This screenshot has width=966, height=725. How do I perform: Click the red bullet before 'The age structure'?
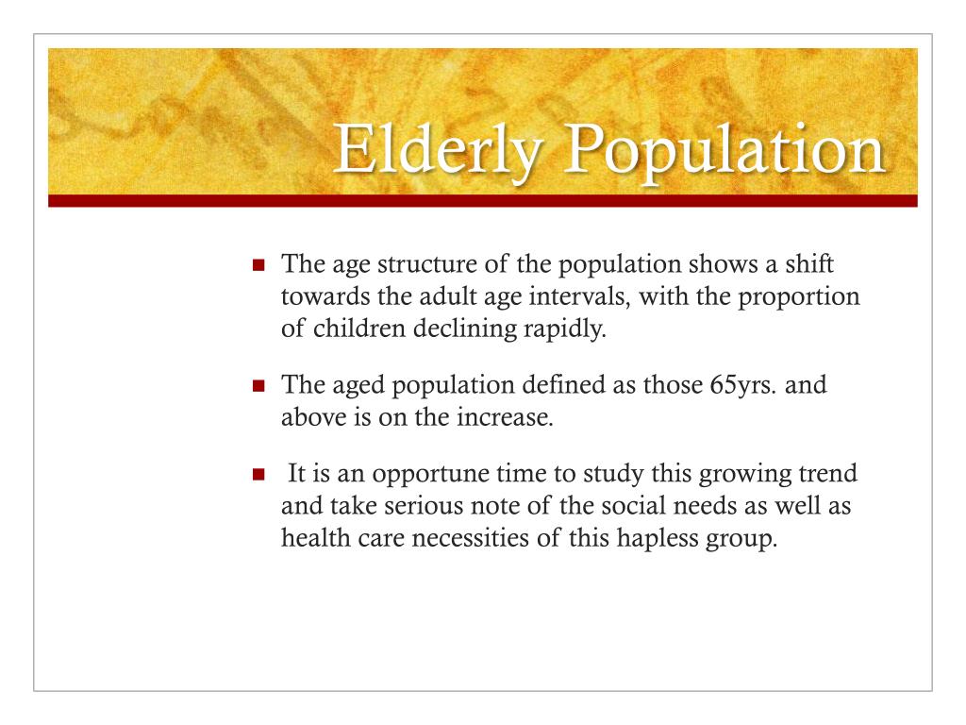tap(259, 267)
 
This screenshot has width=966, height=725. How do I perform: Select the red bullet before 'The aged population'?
tap(259, 386)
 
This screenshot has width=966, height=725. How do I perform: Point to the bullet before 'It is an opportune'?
tap(259, 475)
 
